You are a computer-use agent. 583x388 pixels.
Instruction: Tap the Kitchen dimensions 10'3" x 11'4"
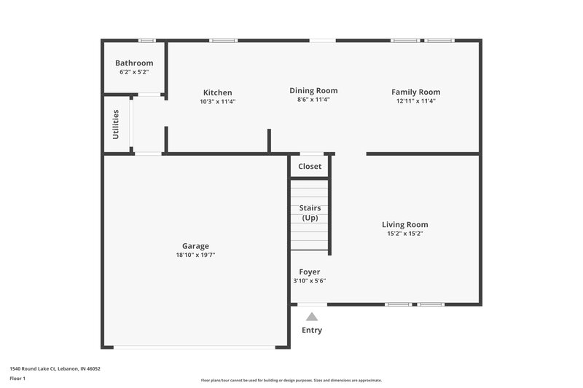click(217, 102)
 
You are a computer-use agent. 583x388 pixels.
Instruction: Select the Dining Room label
click(313, 91)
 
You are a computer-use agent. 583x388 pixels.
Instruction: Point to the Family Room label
click(415, 92)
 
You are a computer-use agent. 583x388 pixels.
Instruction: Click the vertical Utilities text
click(116, 124)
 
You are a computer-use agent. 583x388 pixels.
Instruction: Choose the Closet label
click(310, 167)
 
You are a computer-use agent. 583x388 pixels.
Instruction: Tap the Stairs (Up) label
click(310, 213)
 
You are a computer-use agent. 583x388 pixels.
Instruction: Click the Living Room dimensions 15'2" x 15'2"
click(405, 234)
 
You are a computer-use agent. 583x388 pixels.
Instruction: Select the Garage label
click(195, 246)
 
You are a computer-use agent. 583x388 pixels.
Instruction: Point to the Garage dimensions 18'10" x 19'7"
click(195, 255)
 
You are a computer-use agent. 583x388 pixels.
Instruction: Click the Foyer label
click(310, 272)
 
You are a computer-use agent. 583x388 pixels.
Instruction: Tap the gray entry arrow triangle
click(312, 317)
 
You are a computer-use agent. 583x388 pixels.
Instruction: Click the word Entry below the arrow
click(312, 330)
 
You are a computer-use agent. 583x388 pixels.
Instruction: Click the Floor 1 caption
click(17, 379)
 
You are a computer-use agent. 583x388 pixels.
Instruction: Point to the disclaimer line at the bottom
click(291, 380)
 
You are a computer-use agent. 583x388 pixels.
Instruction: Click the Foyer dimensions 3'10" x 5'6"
click(310, 281)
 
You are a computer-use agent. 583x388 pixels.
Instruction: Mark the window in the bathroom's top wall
click(146, 40)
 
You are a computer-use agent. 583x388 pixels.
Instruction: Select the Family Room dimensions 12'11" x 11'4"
click(415, 101)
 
